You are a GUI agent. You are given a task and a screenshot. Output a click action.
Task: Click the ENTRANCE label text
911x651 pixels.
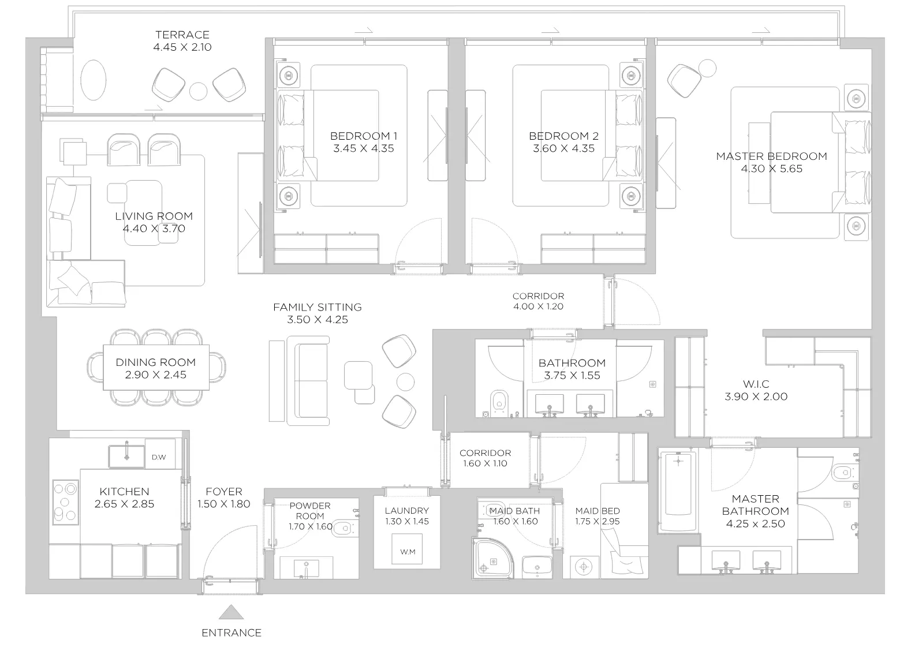coord(232,633)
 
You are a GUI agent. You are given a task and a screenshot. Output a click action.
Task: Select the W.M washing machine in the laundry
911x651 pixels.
coord(407,549)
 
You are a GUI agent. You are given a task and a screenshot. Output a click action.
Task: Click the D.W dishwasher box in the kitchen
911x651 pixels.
coord(160,454)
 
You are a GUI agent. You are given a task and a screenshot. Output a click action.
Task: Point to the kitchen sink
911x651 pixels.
coord(126,457)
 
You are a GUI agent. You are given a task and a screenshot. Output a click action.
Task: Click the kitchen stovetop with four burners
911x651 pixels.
coord(65,502)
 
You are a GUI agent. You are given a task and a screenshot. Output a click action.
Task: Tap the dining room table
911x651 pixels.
coord(156,368)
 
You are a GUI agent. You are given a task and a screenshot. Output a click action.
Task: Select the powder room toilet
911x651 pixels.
coord(342,528)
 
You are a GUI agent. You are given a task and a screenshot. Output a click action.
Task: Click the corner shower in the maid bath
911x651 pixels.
coord(492,558)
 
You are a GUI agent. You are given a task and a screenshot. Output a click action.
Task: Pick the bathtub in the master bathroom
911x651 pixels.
coord(678,490)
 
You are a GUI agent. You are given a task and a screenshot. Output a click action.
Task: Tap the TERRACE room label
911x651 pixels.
coord(182,35)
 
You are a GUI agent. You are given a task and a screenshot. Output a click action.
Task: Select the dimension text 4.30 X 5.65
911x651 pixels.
coord(771,169)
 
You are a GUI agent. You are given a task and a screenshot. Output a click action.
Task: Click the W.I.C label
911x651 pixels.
coord(756,384)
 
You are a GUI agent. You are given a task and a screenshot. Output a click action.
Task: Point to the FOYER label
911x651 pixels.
coord(223,492)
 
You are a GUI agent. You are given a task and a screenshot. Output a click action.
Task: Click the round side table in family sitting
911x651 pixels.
coord(405,382)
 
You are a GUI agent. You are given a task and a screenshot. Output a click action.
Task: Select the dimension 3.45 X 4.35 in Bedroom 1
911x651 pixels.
coord(364,148)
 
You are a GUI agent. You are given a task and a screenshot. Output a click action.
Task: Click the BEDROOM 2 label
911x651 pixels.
coord(563,136)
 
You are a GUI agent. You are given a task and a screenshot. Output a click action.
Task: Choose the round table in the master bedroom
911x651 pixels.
coord(707,68)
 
